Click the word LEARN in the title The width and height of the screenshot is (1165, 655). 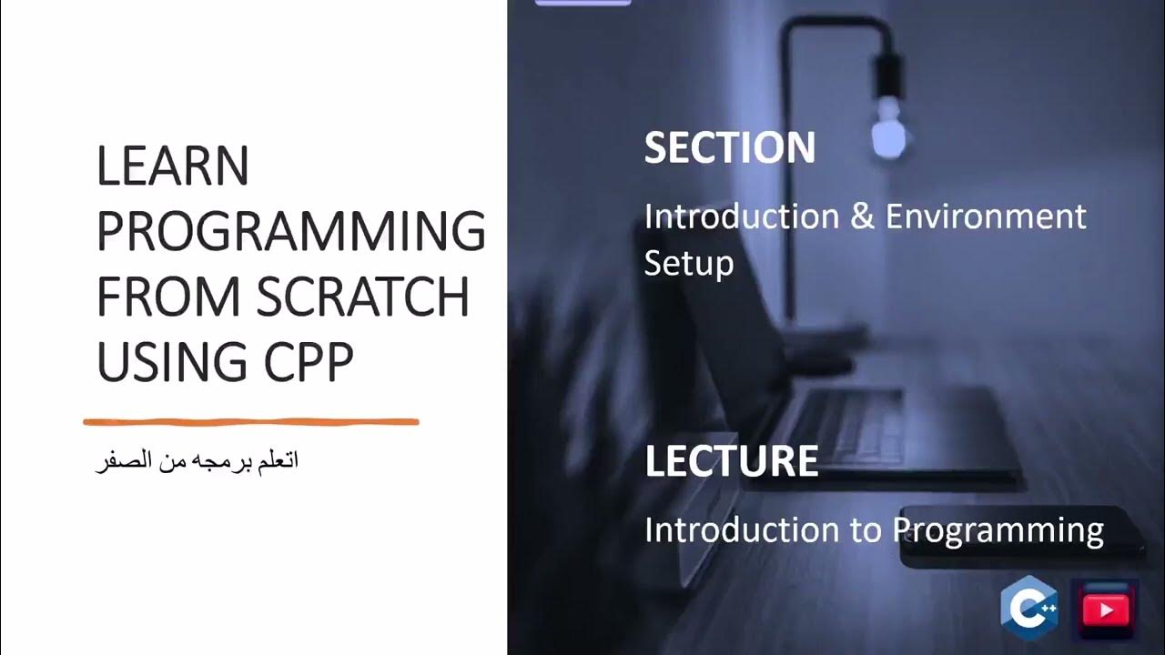pyautogui.click(x=173, y=167)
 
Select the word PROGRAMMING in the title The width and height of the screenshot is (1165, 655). pyautogui.click(x=290, y=232)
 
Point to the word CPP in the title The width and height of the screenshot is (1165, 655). pyautogui.click(x=309, y=362)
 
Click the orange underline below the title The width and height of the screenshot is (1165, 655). pyautogui.click(x=251, y=422)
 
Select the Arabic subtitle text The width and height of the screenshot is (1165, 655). pyautogui.click(x=198, y=461)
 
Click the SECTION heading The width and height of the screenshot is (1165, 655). pyautogui.click(x=729, y=148)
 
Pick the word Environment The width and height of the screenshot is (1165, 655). pyautogui.click(x=986, y=217)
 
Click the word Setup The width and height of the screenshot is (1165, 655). pyautogui.click(x=688, y=264)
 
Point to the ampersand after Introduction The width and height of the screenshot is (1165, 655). pyautogui.click(x=862, y=217)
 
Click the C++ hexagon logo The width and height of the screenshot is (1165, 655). pyautogui.click(x=1028, y=609)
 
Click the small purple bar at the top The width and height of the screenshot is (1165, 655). pyautogui.click(x=582, y=3)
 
